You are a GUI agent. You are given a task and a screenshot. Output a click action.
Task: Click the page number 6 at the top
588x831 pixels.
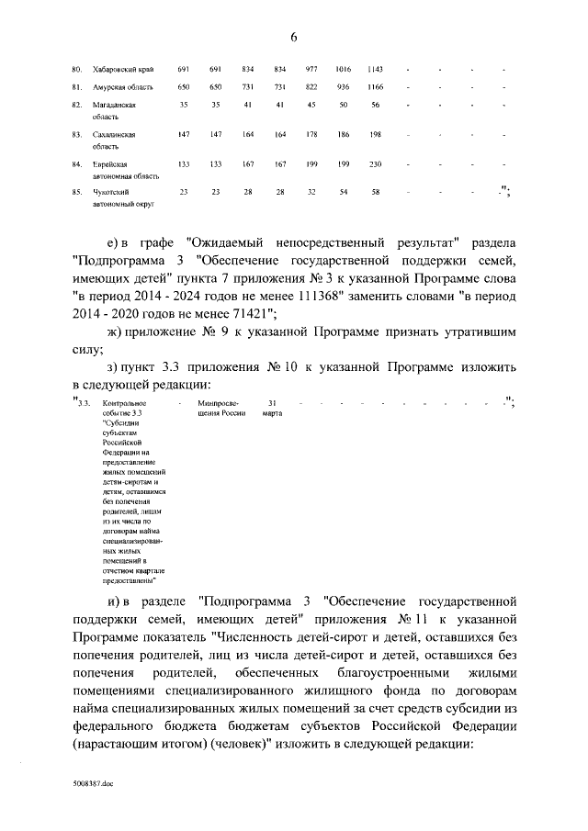pos(294,37)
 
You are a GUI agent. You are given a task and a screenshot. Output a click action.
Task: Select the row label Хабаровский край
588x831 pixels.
pos(124,70)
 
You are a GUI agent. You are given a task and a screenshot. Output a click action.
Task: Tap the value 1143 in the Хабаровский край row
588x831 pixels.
pos(375,70)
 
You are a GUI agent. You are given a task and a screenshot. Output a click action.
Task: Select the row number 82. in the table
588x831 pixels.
pos(77,106)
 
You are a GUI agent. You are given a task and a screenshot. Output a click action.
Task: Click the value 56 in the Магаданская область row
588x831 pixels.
pos(375,106)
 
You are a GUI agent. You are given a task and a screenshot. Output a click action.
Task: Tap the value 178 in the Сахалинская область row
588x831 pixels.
pos(311,135)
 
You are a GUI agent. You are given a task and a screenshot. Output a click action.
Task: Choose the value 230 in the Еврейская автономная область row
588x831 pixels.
pos(375,164)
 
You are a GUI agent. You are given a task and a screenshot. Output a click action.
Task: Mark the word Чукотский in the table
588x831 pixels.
pos(111,192)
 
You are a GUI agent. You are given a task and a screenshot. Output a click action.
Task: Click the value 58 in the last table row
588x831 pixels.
pos(375,192)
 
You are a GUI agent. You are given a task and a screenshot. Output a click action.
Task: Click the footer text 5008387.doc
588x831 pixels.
pos(93,786)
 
